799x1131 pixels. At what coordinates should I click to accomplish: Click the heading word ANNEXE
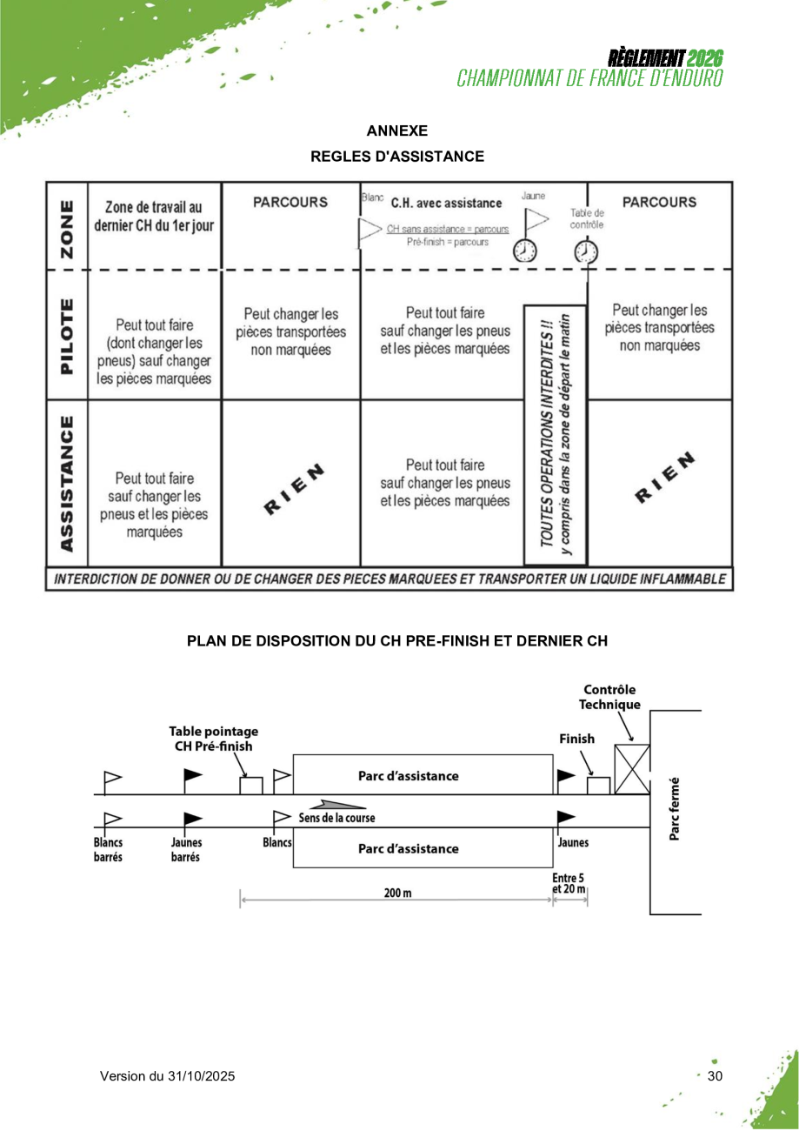[x=397, y=131]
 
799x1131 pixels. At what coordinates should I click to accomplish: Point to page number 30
[x=715, y=1076]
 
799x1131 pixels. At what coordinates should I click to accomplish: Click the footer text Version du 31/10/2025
[x=167, y=1076]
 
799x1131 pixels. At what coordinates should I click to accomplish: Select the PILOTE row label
[x=65, y=335]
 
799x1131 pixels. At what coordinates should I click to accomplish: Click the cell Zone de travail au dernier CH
[x=153, y=215]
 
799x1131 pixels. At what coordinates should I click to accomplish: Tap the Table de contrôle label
[x=587, y=218]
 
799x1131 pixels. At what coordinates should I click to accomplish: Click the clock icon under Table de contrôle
[x=587, y=251]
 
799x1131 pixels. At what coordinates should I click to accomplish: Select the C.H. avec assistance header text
[x=446, y=204]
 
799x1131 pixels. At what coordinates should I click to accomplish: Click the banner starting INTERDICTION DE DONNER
[x=389, y=579]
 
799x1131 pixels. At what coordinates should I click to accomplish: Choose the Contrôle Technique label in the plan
[x=609, y=697]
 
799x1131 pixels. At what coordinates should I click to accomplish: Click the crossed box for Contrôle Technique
[x=631, y=769]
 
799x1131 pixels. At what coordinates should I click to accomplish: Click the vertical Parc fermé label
[x=676, y=809]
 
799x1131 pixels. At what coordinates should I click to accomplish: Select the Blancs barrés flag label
[x=109, y=849]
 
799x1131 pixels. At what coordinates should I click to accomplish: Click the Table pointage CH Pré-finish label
[x=213, y=739]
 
